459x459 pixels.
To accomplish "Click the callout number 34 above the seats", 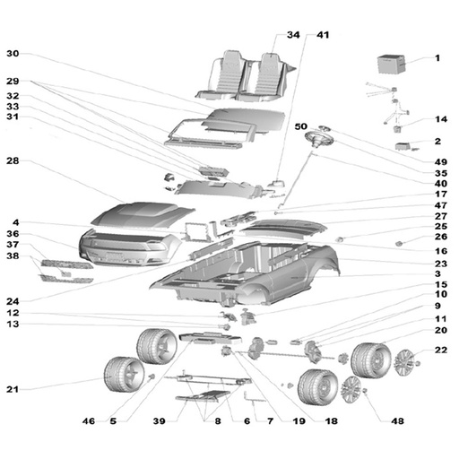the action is click(x=293, y=35).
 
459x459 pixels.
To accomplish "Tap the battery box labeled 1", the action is click(x=392, y=64).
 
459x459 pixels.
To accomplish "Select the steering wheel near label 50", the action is click(x=319, y=140).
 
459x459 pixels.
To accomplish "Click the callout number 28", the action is click(x=13, y=160).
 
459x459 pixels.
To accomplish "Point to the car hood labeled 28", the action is click(x=143, y=214).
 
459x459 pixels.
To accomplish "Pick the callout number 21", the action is click(x=13, y=389).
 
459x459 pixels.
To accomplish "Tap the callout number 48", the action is click(x=397, y=421).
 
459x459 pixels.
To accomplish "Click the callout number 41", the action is click(x=323, y=35).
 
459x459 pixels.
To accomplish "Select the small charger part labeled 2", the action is click(x=403, y=146).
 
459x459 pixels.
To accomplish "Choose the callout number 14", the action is click(x=441, y=119).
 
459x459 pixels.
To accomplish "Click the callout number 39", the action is click(x=159, y=421).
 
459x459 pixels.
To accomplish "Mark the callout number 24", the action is click(x=13, y=301).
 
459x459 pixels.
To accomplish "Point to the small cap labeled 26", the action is click(x=399, y=244).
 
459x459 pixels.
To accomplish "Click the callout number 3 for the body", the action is click(x=437, y=273).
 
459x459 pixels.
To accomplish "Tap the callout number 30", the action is click(x=13, y=54).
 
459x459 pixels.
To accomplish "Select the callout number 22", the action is click(x=441, y=350).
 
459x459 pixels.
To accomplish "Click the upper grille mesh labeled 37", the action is click(x=67, y=264).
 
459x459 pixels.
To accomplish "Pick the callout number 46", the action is click(x=89, y=421).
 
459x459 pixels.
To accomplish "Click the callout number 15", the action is click(x=441, y=284).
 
